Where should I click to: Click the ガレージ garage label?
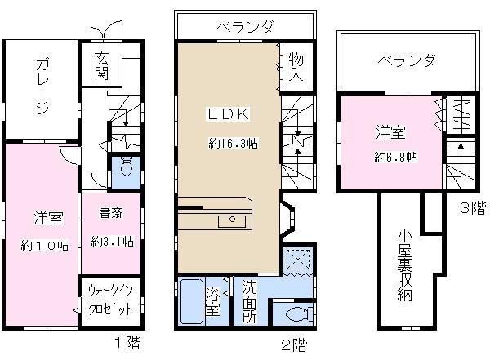pos(42,86)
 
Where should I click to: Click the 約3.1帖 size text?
pos(112,242)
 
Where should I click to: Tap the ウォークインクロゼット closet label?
pos(110,301)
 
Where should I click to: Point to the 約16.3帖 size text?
pos(234,143)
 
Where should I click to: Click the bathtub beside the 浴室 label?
pos(190,302)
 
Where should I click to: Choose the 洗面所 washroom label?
pos(249,301)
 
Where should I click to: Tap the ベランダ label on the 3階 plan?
pos(405,60)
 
